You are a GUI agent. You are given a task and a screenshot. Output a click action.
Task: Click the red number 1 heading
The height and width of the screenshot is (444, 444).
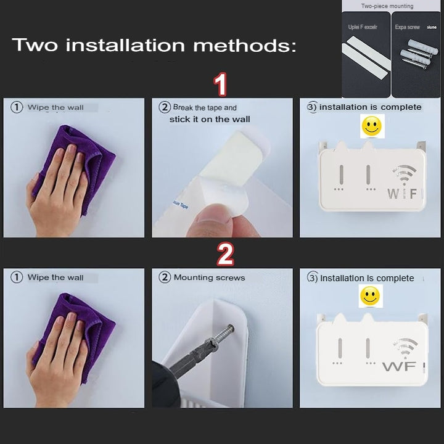click(220, 84)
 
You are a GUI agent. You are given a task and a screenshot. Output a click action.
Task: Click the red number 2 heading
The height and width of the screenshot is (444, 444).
click(225, 254)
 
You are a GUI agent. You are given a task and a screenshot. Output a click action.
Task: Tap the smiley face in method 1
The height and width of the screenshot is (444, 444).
click(371, 127)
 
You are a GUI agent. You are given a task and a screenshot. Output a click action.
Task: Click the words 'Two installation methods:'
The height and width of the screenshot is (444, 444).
click(154, 45)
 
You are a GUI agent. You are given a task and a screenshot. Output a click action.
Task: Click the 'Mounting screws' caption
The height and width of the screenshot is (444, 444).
click(209, 277)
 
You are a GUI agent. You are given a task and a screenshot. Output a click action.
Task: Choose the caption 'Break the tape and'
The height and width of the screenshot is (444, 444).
click(204, 107)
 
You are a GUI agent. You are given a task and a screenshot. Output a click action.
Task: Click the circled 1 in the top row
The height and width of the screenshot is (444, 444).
click(17, 107)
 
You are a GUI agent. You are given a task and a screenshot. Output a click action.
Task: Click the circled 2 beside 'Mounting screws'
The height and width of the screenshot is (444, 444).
click(165, 277)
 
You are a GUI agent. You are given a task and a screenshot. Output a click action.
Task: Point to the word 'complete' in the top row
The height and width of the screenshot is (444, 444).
click(401, 107)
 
